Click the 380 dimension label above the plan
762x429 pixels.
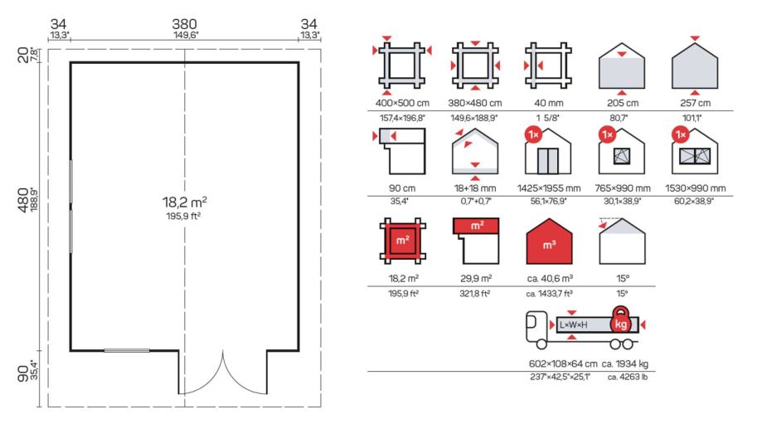click(x=184, y=24)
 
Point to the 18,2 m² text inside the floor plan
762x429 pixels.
click(x=185, y=202)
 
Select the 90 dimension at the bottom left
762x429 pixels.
click(x=23, y=373)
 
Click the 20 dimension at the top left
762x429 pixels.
click(x=23, y=55)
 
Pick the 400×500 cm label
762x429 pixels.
click(x=402, y=103)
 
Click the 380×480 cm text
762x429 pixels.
click(x=475, y=103)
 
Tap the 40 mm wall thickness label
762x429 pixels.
click(x=549, y=103)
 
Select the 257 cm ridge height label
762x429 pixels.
click(x=696, y=103)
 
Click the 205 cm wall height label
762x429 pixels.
click(x=623, y=103)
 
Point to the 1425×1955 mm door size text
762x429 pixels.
click(x=549, y=188)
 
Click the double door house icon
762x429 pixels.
click(x=548, y=152)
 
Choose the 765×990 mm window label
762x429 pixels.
click(x=623, y=188)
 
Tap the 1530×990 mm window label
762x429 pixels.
click(x=696, y=188)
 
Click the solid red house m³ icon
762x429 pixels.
click(x=549, y=242)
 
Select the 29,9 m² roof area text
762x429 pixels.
click(x=476, y=279)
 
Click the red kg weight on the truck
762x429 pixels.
click(x=620, y=320)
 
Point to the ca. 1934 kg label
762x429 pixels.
click(x=625, y=363)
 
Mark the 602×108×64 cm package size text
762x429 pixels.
click(x=563, y=363)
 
